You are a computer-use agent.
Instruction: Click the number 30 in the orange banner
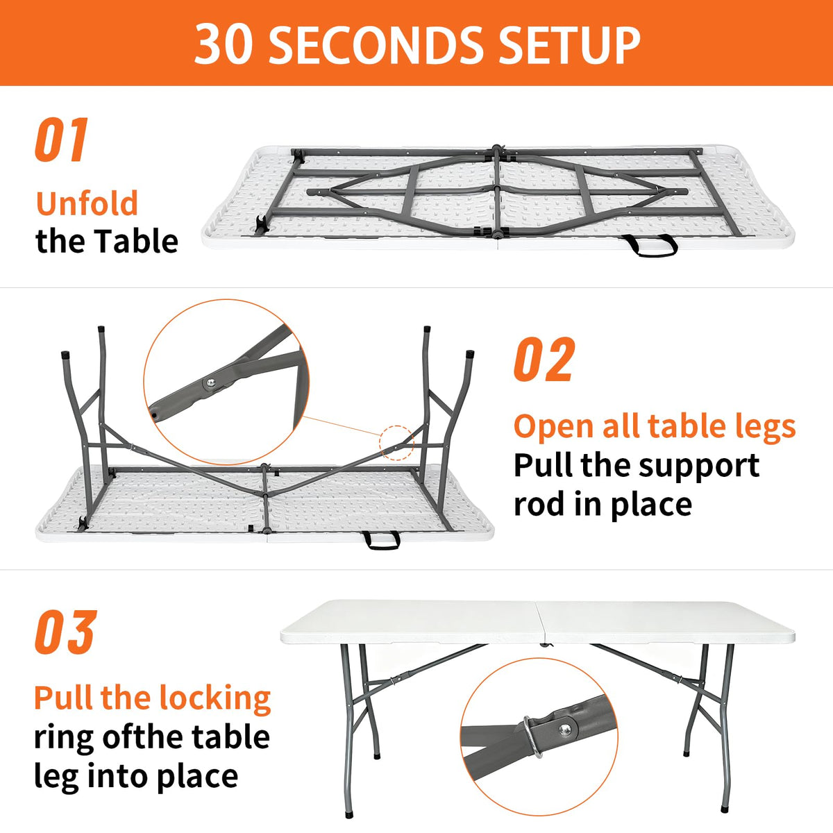(x=223, y=44)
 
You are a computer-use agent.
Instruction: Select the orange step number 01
(x=62, y=140)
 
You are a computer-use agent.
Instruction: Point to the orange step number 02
(x=545, y=359)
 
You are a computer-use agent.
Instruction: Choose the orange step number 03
(x=66, y=632)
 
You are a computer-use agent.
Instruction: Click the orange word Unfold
(x=87, y=203)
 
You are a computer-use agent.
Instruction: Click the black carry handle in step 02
(x=381, y=539)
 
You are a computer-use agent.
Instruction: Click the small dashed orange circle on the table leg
(x=396, y=443)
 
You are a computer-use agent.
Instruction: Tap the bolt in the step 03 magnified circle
(x=564, y=730)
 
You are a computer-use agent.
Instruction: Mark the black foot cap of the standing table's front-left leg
(x=349, y=814)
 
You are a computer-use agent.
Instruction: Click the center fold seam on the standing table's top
(x=540, y=621)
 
